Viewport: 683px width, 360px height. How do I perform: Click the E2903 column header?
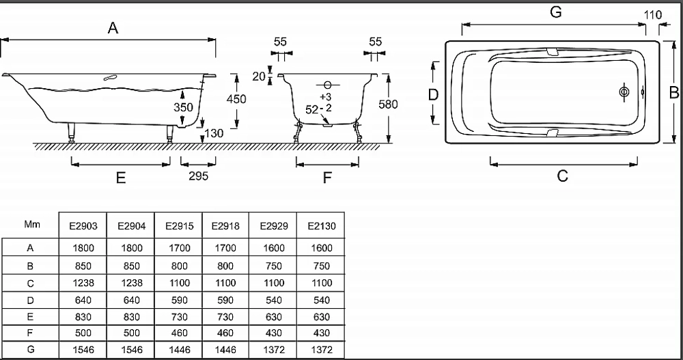[83, 226]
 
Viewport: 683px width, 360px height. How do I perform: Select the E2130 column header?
[322, 226]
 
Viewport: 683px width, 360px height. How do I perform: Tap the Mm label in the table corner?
[32, 225]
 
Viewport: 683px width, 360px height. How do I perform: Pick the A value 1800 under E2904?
[132, 248]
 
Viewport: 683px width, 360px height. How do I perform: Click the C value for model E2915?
[180, 283]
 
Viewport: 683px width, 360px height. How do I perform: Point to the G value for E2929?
[274, 350]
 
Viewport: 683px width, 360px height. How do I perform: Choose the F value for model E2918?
[225, 333]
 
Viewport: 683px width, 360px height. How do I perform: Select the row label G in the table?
[30, 349]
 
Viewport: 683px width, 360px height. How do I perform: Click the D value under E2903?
[83, 301]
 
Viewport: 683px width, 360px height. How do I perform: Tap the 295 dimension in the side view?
[199, 176]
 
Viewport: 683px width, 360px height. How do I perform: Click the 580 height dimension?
[388, 105]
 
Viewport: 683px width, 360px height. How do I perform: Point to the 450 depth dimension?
[236, 99]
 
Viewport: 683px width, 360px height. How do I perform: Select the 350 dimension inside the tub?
[183, 107]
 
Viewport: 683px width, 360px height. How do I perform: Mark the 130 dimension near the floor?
[214, 133]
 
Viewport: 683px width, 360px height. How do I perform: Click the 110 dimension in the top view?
[652, 15]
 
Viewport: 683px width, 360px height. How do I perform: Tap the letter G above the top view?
[556, 12]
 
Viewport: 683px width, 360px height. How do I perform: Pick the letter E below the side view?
[121, 178]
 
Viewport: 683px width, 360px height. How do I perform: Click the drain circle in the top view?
[624, 92]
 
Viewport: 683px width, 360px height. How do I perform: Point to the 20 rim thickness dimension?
[259, 77]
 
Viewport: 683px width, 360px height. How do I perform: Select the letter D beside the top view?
[433, 94]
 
